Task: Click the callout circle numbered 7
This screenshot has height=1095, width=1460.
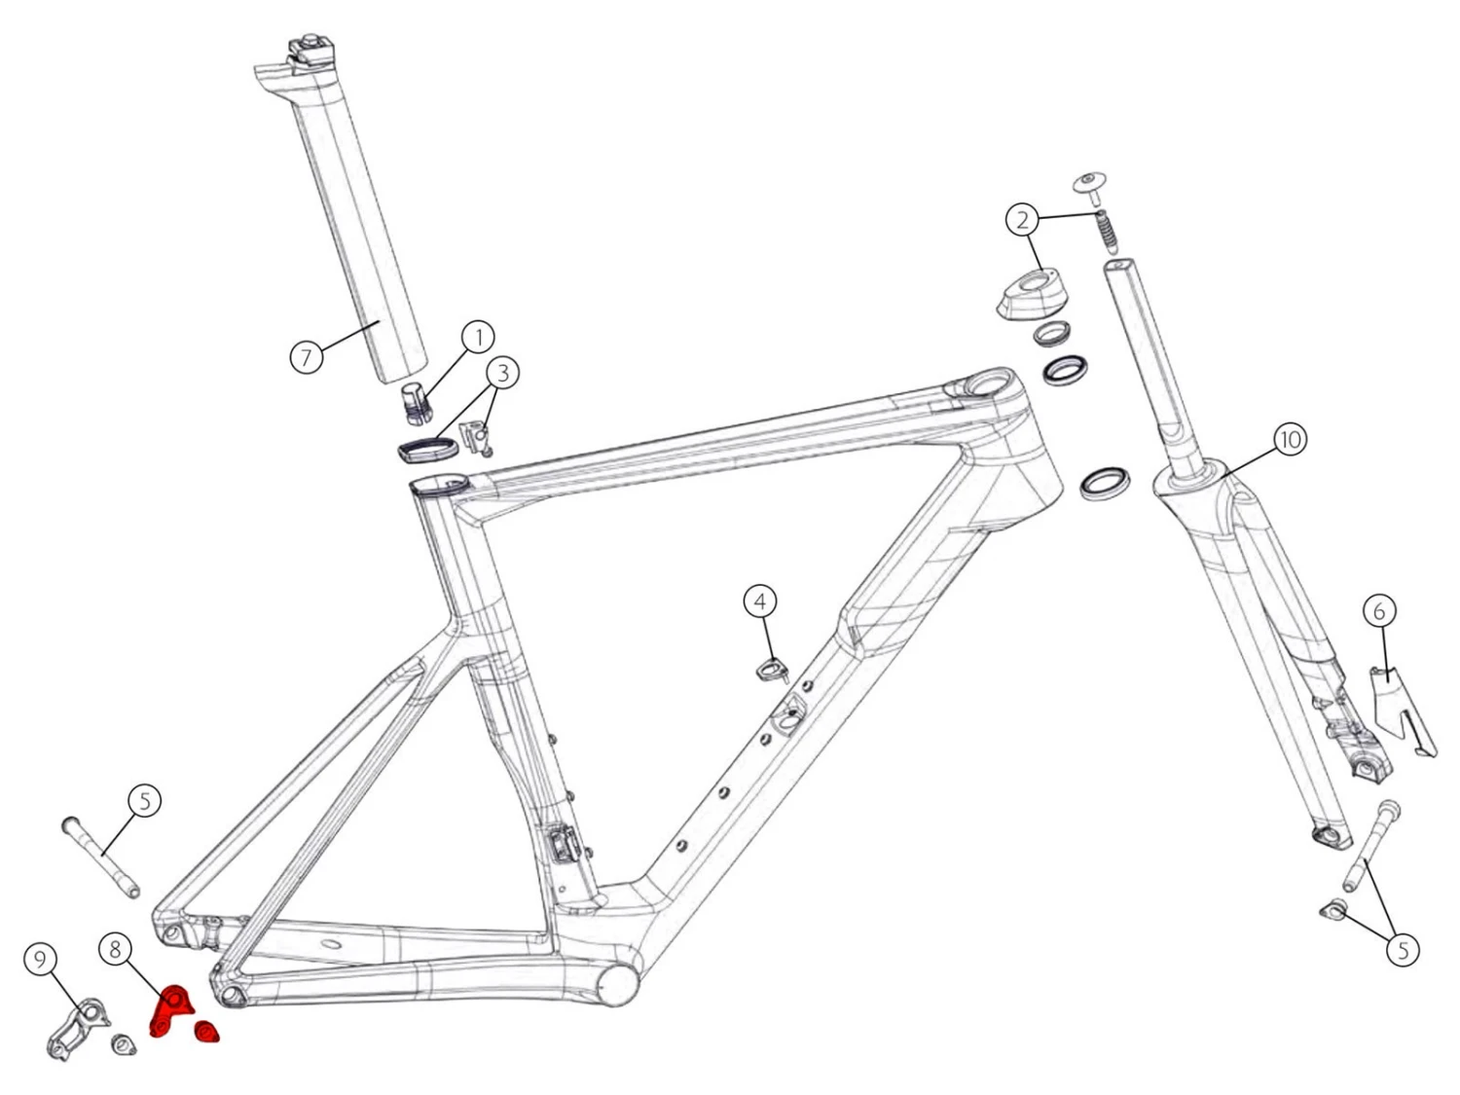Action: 307,357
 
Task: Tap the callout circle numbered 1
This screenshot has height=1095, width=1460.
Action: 478,338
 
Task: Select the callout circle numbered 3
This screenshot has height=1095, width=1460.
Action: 502,372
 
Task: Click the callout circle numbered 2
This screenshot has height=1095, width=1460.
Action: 1022,220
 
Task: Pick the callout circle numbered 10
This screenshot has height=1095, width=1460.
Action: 1290,439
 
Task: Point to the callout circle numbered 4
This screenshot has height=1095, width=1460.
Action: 760,601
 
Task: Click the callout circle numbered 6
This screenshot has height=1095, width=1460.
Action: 1378,611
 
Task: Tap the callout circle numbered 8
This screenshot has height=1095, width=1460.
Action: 115,948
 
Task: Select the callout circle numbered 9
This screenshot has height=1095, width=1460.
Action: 40,961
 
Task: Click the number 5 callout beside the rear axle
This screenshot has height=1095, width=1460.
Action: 145,801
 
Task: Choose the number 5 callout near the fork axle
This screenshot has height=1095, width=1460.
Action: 1403,949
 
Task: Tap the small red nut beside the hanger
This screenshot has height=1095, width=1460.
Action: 207,1031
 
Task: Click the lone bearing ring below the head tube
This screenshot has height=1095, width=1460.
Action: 1106,482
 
